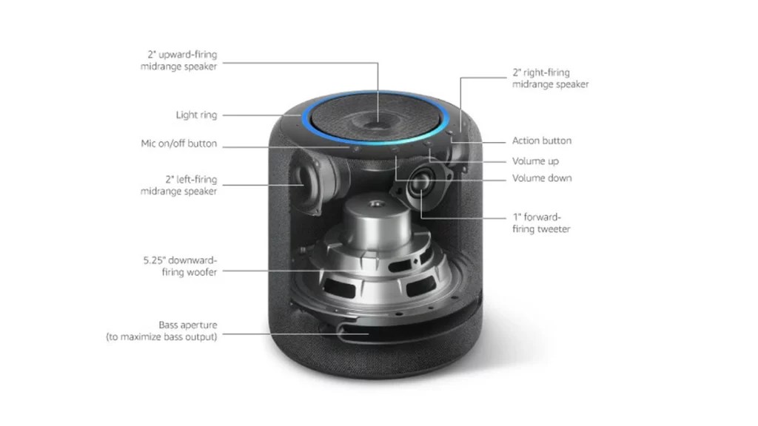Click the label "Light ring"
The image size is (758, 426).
click(196, 115)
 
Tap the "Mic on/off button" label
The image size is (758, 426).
click(178, 143)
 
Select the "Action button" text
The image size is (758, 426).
click(541, 141)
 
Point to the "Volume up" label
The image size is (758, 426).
click(535, 160)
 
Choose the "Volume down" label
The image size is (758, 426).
click(541, 178)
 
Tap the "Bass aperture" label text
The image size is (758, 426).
click(188, 325)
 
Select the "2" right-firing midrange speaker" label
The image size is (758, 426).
click(550, 78)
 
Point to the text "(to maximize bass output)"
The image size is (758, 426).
click(161, 337)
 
